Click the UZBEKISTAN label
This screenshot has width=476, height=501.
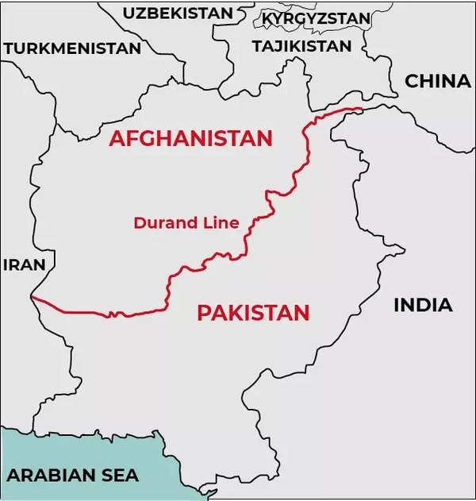pyautogui.click(x=178, y=13)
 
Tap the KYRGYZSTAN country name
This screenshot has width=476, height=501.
pyautogui.click(x=316, y=17)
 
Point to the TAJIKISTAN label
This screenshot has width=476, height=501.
pyautogui.click(x=301, y=46)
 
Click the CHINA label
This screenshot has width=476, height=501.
pyautogui.click(x=437, y=81)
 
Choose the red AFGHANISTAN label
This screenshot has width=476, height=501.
pyautogui.click(x=190, y=138)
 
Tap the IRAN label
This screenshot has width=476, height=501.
pyautogui.click(x=25, y=265)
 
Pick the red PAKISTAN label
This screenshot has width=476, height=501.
pyautogui.click(x=252, y=313)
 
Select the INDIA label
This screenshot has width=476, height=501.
pyautogui.click(x=423, y=305)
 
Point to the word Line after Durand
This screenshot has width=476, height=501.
pyautogui.click(x=221, y=223)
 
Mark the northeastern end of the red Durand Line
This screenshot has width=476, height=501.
pyautogui.click(x=362, y=109)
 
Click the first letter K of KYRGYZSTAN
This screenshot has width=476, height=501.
pyautogui.click(x=267, y=18)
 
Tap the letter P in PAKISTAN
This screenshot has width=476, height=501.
pyautogui.click(x=203, y=313)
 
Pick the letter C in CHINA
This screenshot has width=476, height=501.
pyautogui.click(x=412, y=81)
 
